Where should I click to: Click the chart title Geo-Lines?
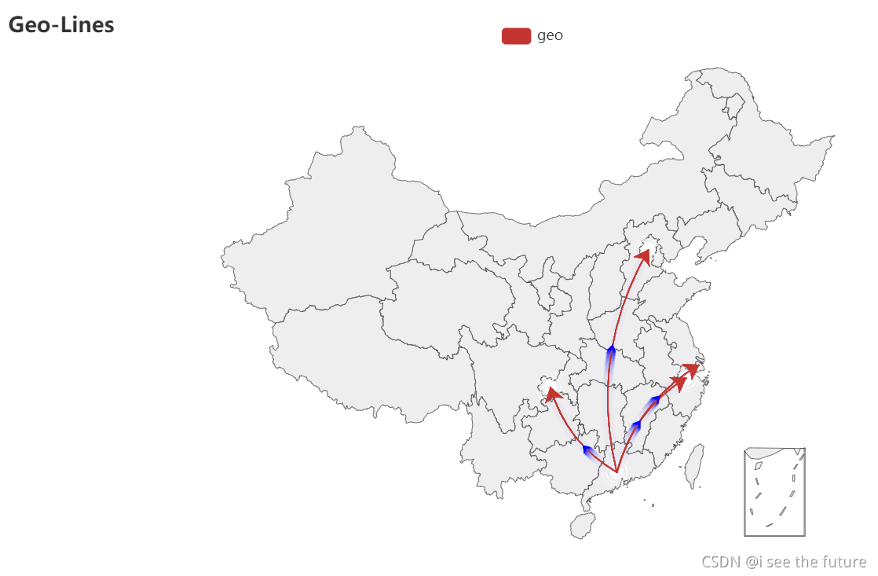[x=61, y=25]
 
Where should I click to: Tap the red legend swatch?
[x=516, y=35]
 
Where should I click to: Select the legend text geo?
[x=550, y=35]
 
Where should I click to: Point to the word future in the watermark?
[x=843, y=562]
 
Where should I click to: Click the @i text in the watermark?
[x=752, y=562]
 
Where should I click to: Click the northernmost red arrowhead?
[x=644, y=255]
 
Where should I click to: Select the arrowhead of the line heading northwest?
[x=551, y=392]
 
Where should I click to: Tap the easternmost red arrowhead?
[x=693, y=368]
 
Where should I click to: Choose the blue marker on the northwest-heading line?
[x=587, y=449]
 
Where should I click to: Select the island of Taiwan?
[x=694, y=465]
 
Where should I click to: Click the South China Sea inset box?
[x=774, y=492]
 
